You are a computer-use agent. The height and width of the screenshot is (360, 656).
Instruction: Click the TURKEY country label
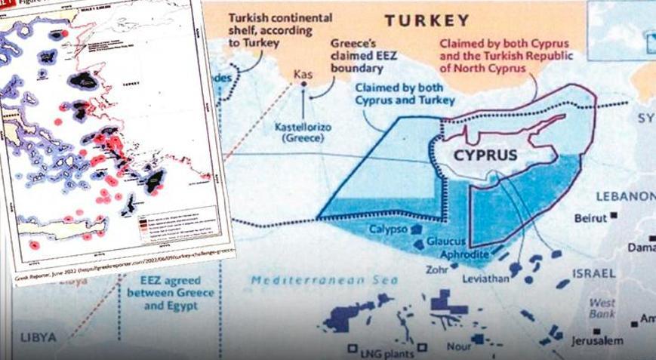tap(427, 20)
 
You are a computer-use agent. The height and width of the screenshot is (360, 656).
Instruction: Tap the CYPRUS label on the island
tap(486, 155)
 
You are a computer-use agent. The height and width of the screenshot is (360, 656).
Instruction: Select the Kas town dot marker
tap(304, 86)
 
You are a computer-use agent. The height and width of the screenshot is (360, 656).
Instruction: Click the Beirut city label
tap(590, 218)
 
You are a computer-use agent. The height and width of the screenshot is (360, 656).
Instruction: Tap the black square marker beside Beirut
tap(614, 216)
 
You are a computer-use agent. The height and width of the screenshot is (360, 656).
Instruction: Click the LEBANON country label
tap(625, 196)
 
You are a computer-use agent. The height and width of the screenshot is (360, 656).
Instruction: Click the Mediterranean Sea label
tap(310, 281)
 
